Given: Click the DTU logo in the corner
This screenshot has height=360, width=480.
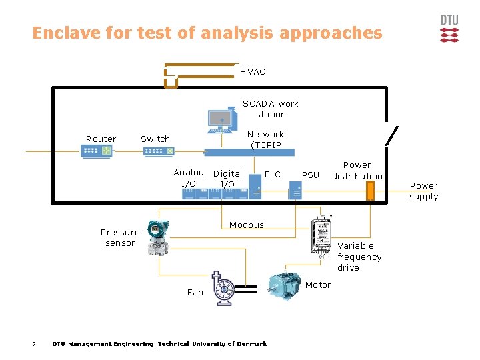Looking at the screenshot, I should pyautogui.click(x=449, y=29).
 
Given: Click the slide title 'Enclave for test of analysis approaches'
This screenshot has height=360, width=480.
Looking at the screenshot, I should pyautogui.click(x=207, y=33).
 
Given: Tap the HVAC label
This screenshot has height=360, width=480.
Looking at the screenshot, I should pyautogui.click(x=253, y=71).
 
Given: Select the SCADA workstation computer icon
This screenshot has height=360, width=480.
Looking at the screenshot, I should pyautogui.click(x=221, y=120).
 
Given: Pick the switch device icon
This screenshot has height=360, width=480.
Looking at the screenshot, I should pyautogui.click(x=158, y=151).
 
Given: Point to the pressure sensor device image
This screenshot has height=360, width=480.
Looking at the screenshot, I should pyautogui.click(x=157, y=238).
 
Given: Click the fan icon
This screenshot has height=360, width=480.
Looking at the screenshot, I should pyautogui.click(x=221, y=289).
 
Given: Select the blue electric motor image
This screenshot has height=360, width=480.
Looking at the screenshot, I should pyautogui.click(x=284, y=288).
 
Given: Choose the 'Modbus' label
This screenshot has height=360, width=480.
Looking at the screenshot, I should pyautogui.click(x=247, y=225).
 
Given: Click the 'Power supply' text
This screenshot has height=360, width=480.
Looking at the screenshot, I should pyautogui.click(x=423, y=191).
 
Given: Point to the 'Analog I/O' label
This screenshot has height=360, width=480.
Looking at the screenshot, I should pyautogui.click(x=189, y=177).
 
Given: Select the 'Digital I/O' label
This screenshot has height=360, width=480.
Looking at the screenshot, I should pyautogui.click(x=227, y=179).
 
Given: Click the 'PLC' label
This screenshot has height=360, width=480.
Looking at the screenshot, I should pyautogui.click(x=273, y=174).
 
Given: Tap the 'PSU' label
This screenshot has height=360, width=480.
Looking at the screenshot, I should pyautogui.click(x=311, y=175).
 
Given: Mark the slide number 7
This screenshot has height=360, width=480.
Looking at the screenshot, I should pyautogui.click(x=33, y=344).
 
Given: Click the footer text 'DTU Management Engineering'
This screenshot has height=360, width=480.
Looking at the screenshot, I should pyautogui.click(x=103, y=344).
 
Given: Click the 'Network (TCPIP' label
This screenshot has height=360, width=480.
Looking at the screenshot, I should pyautogui.click(x=265, y=139).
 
